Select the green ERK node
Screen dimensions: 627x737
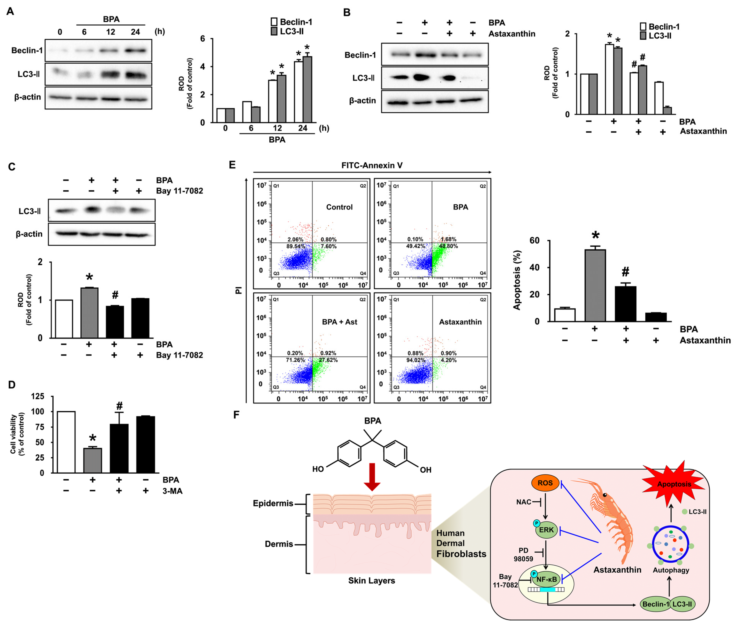[x=546, y=530]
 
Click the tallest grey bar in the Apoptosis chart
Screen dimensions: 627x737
[x=595, y=285]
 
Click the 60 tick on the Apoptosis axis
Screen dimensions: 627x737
[x=534, y=241]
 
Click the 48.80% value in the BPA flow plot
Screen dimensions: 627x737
[x=448, y=246]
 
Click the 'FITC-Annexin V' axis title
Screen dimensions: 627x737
[x=372, y=165]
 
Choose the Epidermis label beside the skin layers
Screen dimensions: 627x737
[x=273, y=503]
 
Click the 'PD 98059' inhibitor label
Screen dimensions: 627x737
[x=523, y=555]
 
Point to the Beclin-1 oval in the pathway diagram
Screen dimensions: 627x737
[x=655, y=604]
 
